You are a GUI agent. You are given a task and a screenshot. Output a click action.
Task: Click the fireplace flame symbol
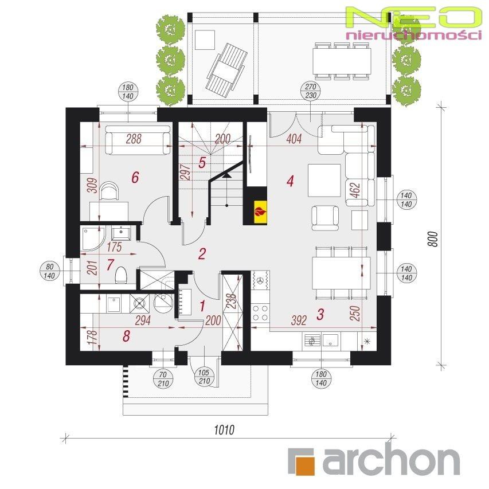(x=261, y=212)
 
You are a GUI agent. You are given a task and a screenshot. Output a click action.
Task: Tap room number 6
(x=135, y=178)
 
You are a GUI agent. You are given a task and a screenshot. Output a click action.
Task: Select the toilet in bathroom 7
(x=120, y=275)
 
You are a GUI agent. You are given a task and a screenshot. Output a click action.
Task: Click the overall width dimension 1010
(x=224, y=430)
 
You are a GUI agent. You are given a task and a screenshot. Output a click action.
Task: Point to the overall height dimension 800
(x=433, y=239)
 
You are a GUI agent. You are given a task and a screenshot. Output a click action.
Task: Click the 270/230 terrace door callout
(x=311, y=91)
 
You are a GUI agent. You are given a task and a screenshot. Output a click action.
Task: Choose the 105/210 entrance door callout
(x=204, y=377)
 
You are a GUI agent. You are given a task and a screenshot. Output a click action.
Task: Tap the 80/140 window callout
(x=49, y=271)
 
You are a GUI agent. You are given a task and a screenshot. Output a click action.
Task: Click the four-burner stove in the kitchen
(x=260, y=312)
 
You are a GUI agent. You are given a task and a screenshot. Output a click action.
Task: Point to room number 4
(x=290, y=181)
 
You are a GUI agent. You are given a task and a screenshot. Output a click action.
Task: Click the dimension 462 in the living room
(x=356, y=190)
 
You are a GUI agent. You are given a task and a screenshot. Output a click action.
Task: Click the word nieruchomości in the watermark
(x=413, y=35)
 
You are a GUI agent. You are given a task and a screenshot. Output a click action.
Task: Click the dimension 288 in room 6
(x=134, y=139)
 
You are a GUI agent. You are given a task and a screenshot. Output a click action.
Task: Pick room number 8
(x=126, y=336)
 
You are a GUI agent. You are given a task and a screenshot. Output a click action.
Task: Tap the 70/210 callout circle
(x=163, y=379)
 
